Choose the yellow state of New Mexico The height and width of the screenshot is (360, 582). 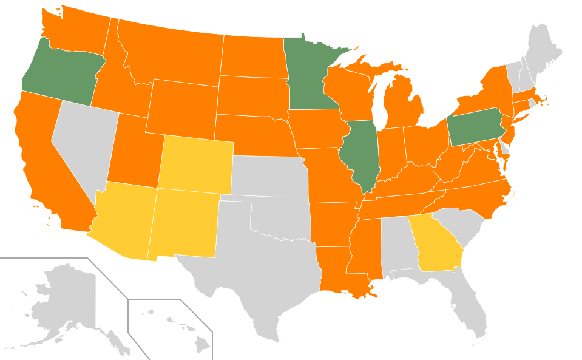[185, 222]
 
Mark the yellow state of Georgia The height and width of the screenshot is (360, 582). [436, 246]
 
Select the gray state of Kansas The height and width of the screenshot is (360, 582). [267, 176]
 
